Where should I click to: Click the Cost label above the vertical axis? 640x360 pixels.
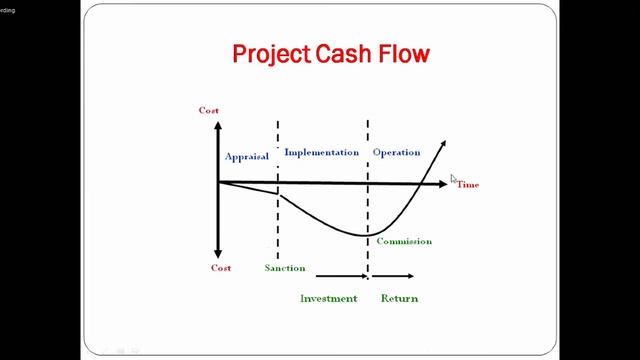click(208, 110)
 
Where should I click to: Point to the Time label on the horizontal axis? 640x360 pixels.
click(468, 185)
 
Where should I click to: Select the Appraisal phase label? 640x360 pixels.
click(247, 157)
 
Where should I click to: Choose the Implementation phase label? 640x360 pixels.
click(321, 153)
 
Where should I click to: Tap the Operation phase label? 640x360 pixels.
click(396, 153)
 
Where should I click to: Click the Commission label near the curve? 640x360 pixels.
click(403, 241)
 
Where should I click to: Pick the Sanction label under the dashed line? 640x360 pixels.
click(285, 268)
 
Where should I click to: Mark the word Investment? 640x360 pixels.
click(328, 298)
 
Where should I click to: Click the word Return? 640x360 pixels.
click(399, 298)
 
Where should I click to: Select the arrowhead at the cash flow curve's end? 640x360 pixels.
click(442, 146)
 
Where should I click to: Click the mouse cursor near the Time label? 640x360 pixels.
click(454, 179)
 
